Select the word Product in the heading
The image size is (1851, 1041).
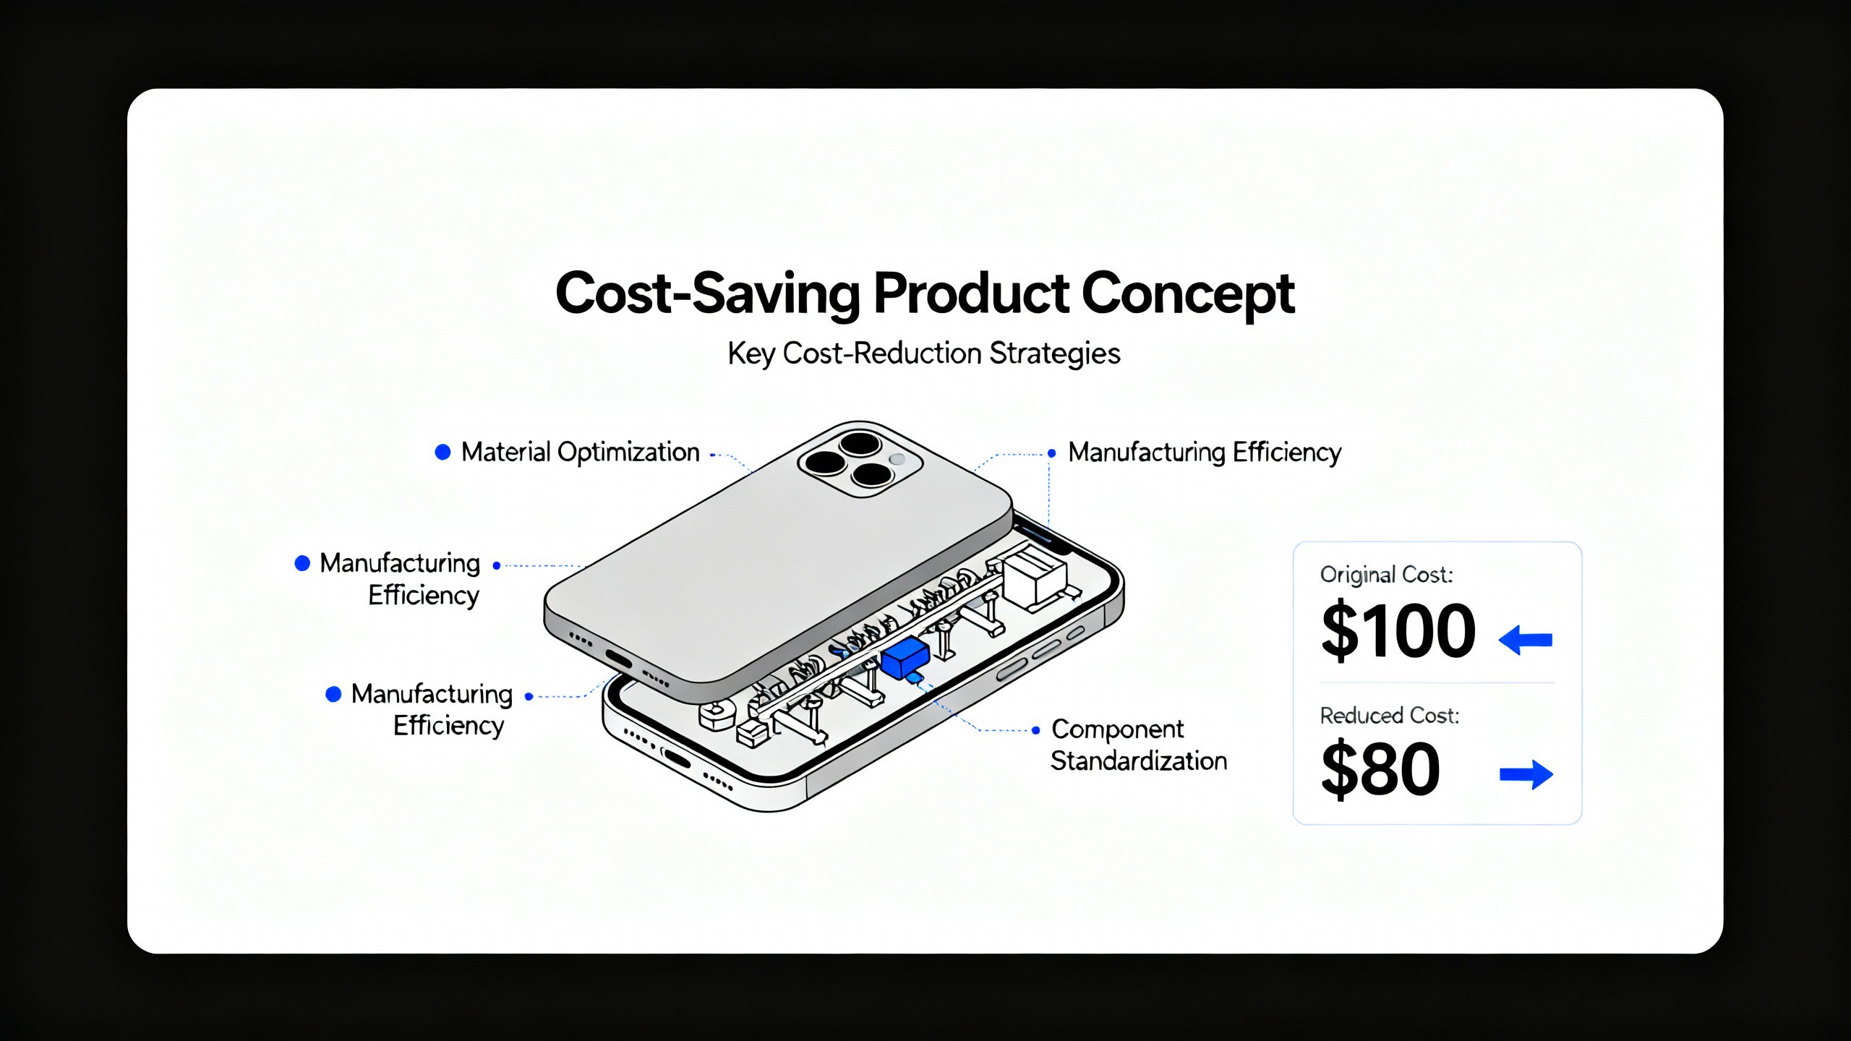point(971,293)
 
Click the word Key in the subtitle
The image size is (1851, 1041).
point(751,354)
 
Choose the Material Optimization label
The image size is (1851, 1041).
point(581,452)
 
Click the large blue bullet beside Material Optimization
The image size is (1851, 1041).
point(443,453)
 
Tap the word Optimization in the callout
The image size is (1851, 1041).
point(629,453)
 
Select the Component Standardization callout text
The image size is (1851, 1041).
point(1139,745)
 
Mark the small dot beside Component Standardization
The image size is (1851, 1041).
point(1035,730)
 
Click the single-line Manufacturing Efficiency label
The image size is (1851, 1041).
point(1205,453)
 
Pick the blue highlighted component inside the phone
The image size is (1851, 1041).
point(905,657)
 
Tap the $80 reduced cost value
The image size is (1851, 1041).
point(1380,769)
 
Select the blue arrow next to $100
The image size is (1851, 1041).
point(1526,640)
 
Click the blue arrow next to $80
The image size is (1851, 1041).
point(1526,775)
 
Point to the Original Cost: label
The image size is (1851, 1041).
point(1386,575)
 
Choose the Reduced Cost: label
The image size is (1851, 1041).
point(1390,716)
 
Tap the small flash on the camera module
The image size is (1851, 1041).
point(897,459)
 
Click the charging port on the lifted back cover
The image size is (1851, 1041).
point(619,660)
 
